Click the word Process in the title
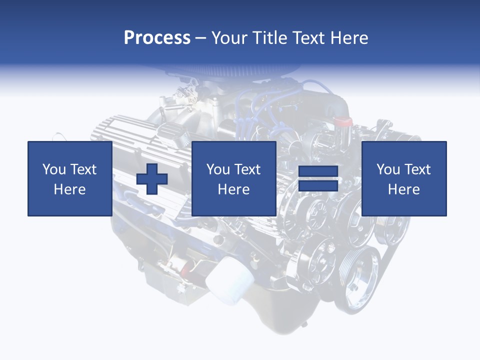(x=157, y=37)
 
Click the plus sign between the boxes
(x=152, y=179)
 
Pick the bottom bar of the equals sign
(x=318, y=186)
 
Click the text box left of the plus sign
(x=69, y=178)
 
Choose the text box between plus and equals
(x=233, y=178)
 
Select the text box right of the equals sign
(x=403, y=178)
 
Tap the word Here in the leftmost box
(x=69, y=189)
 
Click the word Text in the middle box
(x=247, y=169)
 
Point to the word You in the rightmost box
(x=388, y=169)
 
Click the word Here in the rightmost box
(x=403, y=189)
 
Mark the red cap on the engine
(x=343, y=121)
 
